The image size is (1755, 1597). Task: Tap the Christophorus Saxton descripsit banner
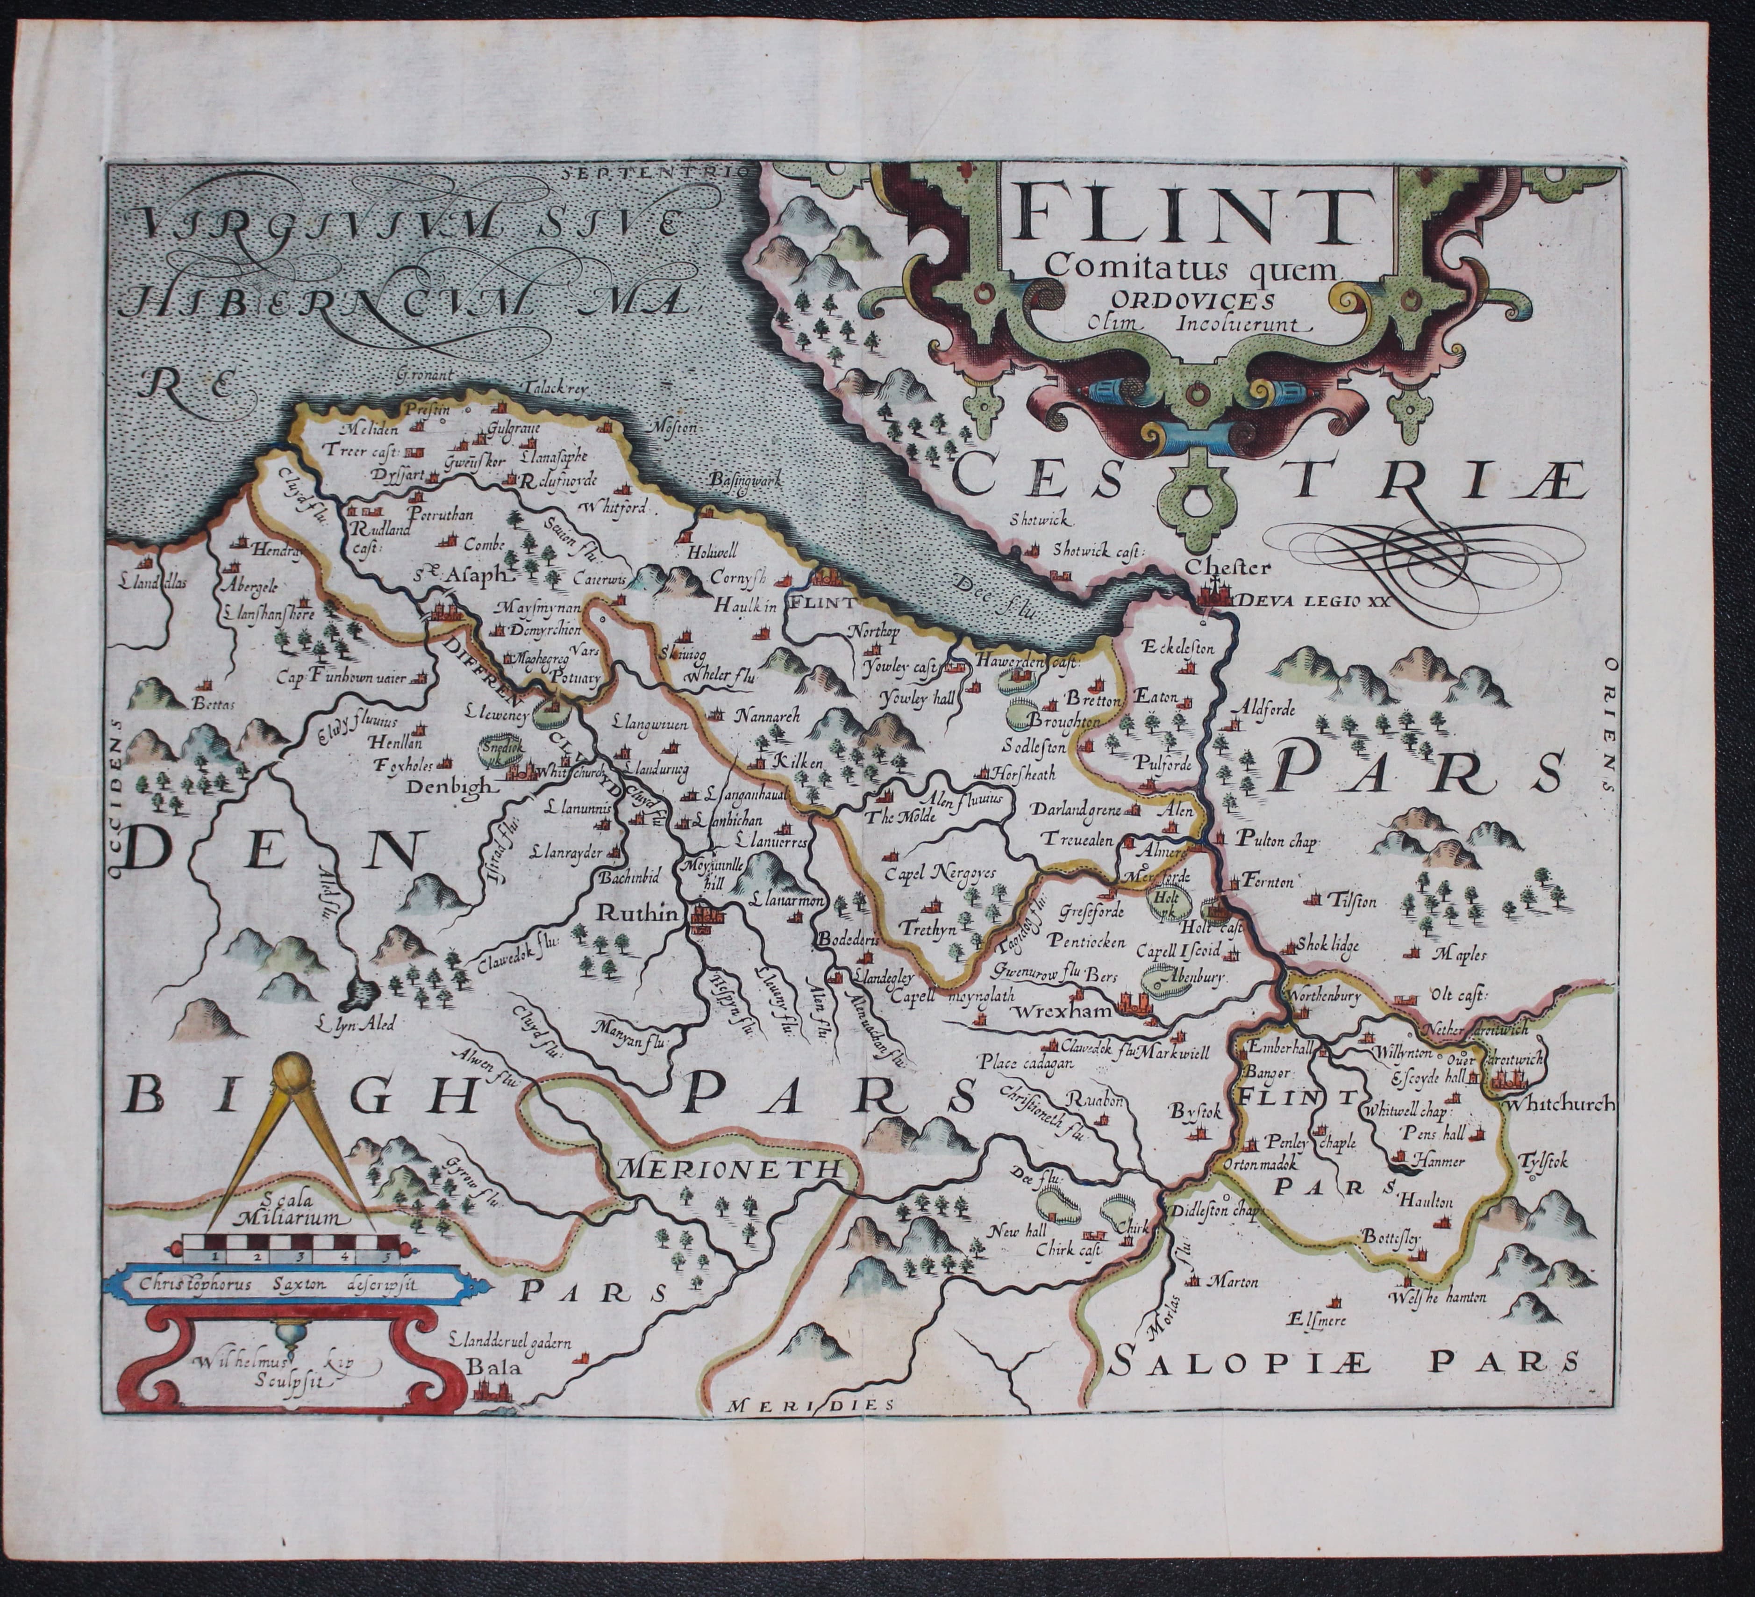point(283,1282)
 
